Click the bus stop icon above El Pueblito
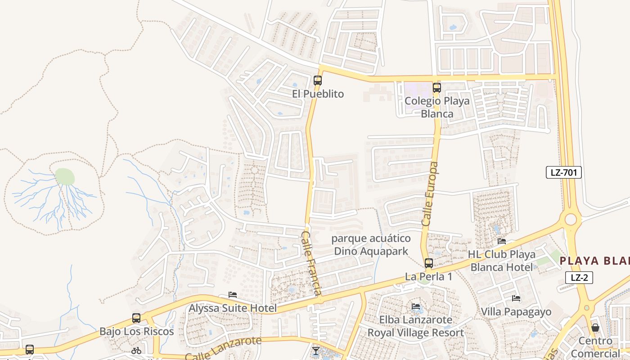pyautogui.click(x=318, y=81)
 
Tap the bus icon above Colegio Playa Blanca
pyautogui.click(x=436, y=88)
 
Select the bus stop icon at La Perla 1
pyautogui.click(x=429, y=263)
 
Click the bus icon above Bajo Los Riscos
pyautogui.click(x=136, y=318)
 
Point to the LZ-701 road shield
pyautogui.click(x=564, y=172)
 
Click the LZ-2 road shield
pyautogui.click(x=579, y=278)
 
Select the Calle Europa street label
pyautogui.click(x=430, y=194)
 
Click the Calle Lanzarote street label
pyautogui.click(x=223, y=348)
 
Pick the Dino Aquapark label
pyautogui.click(x=371, y=245)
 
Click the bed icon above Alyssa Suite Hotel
pyautogui.click(x=233, y=295)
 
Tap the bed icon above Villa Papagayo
pyautogui.click(x=516, y=298)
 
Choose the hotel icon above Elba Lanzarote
pyautogui.click(x=416, y=306)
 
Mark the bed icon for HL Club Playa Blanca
pyautogui.click(x=502, y=241)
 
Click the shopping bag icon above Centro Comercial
pyautogui.click(x=595, y=327)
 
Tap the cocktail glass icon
pyautogui.click(x=315, y=351)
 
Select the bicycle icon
pyautogui.click(x=136, y=350)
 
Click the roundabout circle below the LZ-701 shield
pyautogui.click(x=571, y=220)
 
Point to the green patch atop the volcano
pyautogui.click(x=64, y=176)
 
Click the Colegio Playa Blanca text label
pyautogui.click(x=436, y=107)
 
